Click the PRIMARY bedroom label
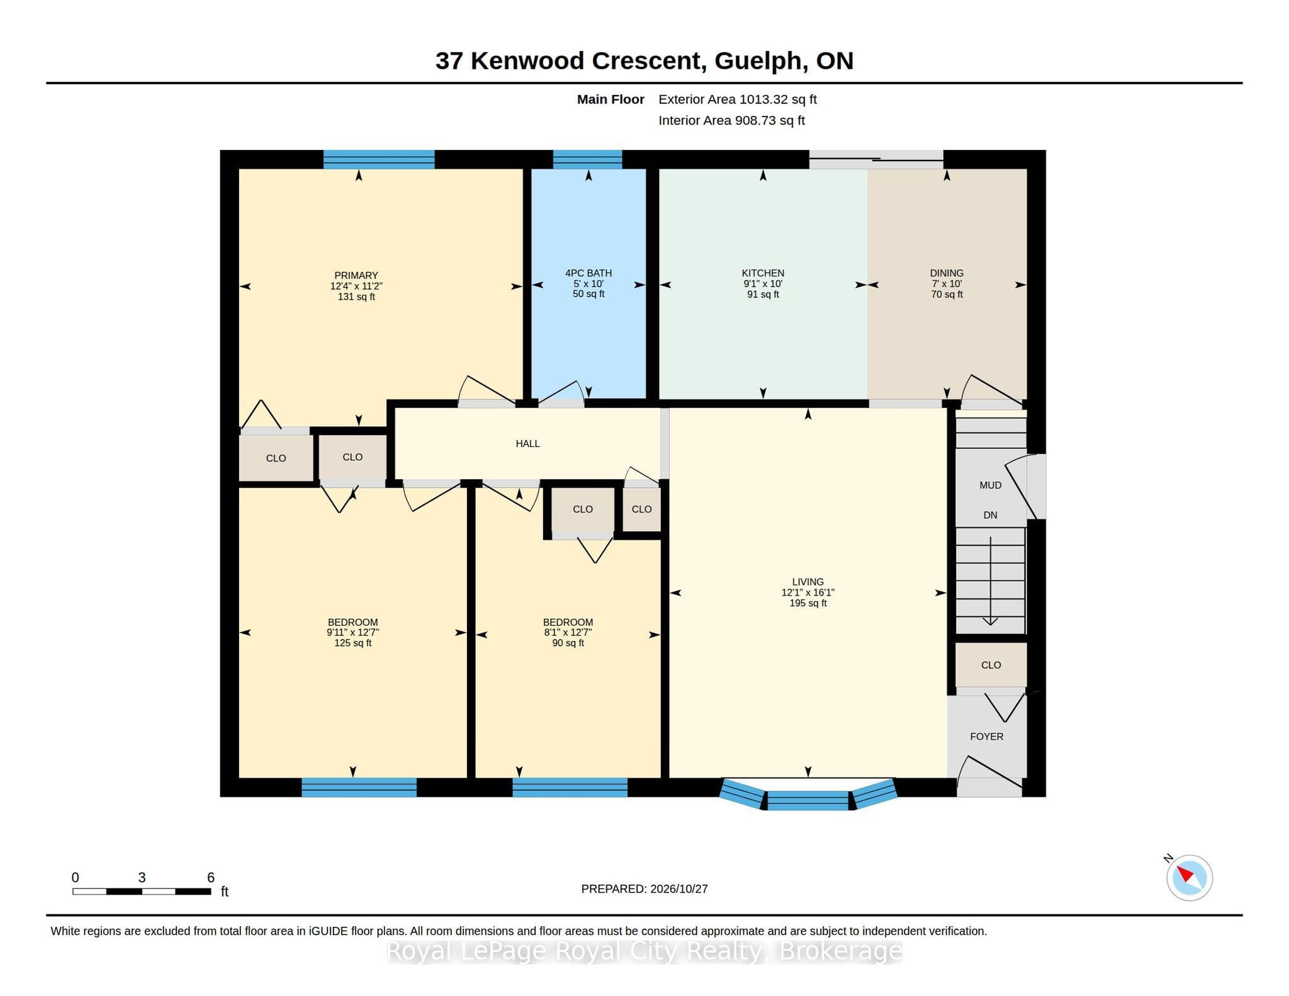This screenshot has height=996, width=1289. point(356,275)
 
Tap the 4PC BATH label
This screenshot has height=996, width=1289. point(588,273)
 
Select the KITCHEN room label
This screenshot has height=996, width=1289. point(763,273)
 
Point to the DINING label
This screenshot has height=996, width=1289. point(947,273)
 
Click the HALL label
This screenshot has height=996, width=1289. point(527,443)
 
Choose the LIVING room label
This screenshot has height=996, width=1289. point(808,582)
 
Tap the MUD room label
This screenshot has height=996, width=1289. point(990,485)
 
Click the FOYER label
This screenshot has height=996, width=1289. point(986,736)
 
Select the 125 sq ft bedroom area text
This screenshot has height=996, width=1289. point(352,643)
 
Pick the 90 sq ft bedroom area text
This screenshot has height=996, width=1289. point(568,643)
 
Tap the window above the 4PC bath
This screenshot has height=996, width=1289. point(588,159)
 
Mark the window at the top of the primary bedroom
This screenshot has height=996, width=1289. point(379,159)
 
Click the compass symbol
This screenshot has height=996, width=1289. point(1189,878)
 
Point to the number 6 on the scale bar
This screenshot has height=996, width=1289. point(211,877)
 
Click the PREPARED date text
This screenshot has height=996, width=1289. point(644,889)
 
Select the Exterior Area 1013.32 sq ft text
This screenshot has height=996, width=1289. point(738,99)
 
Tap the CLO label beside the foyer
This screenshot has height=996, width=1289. point(991,665)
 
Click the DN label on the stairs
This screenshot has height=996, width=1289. point(990,515)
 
